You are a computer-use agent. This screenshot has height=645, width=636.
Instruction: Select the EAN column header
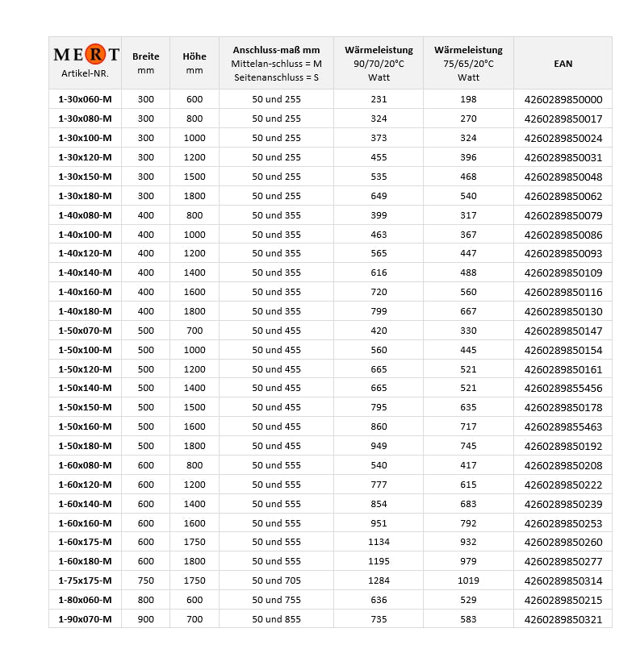(x=563, y=63)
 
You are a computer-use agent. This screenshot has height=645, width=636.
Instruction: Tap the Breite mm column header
(x=145, y=63)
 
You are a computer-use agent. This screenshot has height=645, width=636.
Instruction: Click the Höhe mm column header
(x=195, y=63)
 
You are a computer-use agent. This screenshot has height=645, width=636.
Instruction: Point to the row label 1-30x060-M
(x=85, y=99)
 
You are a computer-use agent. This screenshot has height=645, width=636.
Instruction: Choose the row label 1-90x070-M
(x=85, y=619)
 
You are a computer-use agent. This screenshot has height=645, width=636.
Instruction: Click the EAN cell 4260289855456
(x=563, y=388)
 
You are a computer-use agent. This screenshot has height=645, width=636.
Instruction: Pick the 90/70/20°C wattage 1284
(x=379, y=580)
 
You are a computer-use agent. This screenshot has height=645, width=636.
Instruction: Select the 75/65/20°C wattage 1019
(x=468, y=580)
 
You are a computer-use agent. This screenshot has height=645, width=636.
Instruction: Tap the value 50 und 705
(x=276, y=580)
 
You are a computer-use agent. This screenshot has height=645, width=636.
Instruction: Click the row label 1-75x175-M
(x=85, y=580)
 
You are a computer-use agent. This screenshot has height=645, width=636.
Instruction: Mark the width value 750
(x=145, y=580)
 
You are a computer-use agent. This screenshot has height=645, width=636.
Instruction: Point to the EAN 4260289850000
(x=563, y=99)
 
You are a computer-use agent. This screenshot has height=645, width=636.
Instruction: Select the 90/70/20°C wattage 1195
(x=379, y=561)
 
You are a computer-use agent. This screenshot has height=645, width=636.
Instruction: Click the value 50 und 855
(x=276, y=619)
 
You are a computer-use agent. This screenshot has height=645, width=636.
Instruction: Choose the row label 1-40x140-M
(x=85, y=273)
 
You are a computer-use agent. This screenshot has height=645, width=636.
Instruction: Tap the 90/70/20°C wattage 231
(x=379, y=99)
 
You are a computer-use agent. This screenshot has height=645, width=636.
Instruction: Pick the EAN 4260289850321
(x=563, y=619)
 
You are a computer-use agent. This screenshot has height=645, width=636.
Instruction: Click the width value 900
(x=145, y=619)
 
